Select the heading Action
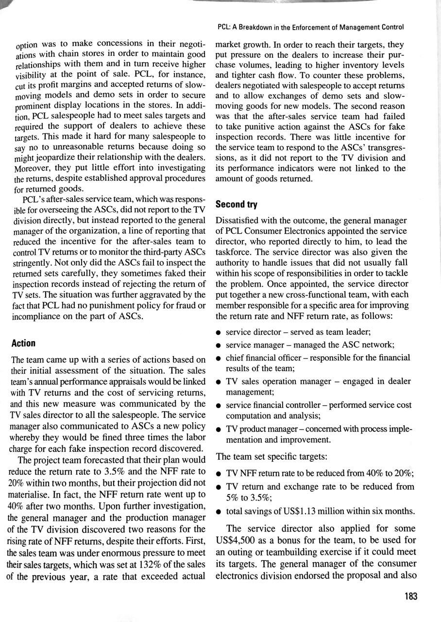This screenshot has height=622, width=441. coord(23,344)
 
